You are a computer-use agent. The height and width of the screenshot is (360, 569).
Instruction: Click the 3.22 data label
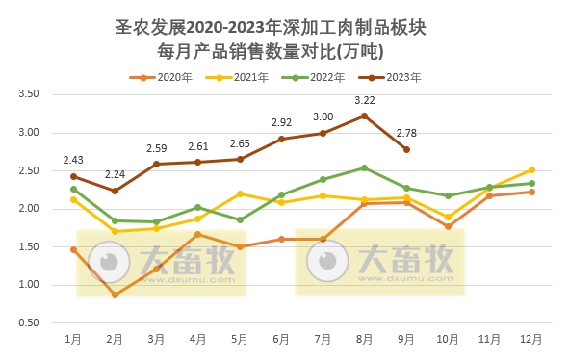365,100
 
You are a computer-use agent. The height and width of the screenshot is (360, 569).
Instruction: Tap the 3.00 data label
323,116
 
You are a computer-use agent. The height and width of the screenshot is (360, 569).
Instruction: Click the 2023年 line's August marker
365,116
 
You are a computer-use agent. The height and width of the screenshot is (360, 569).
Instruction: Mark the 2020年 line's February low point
115,295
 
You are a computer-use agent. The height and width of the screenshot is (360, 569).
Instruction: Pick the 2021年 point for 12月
531,169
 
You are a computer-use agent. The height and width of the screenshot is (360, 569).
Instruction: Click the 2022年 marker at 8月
365,167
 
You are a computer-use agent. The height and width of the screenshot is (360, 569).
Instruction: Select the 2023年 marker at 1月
73,176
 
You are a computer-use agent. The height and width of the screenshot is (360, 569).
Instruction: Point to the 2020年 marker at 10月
449,226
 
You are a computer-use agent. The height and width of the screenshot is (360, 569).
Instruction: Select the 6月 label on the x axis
281,340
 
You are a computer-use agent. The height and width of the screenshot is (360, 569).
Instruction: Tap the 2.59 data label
157,148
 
